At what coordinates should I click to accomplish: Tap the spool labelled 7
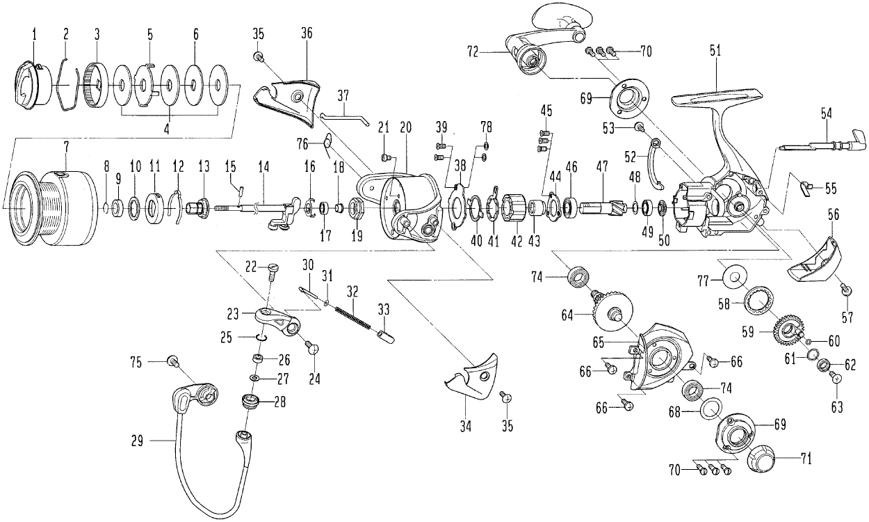coord(52,205)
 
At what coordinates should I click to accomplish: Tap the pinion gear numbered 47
coord(601,207)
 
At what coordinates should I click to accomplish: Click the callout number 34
coord(466,425)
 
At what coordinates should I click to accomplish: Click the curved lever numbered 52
coord(655,164)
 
